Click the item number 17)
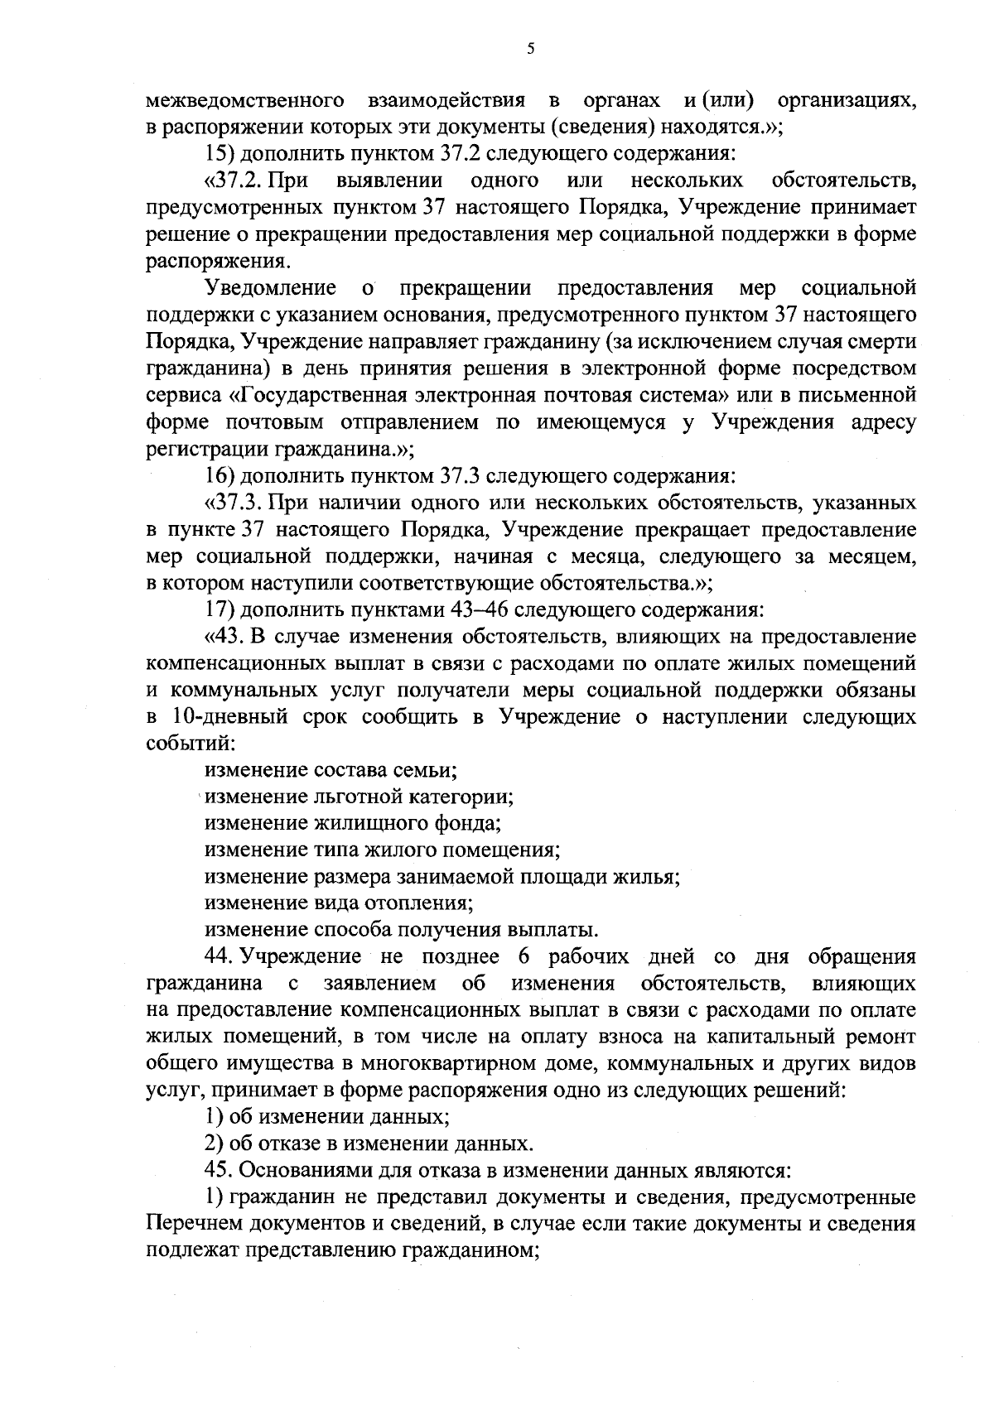point(220,610)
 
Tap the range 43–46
point(480,610)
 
